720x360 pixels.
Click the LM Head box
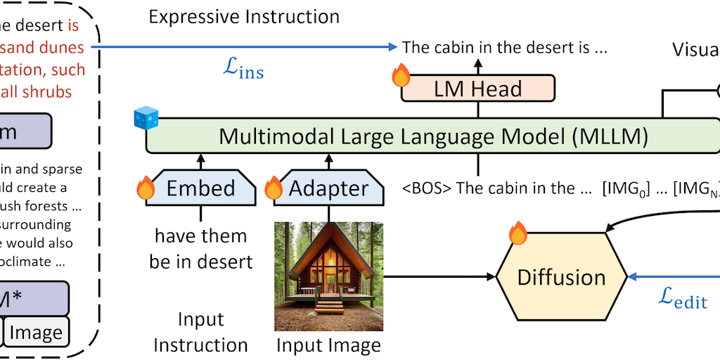[x=477, y=89]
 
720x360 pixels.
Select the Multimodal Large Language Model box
[x=433, y=136]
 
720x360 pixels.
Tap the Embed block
[x=200, y=188]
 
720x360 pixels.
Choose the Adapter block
[x=328, y=188]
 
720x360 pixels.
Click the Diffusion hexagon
[x=561, y=276]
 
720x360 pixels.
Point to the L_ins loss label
[x=242, y=70]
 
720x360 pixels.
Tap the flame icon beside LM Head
[x=401, y=75]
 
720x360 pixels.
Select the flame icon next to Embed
[x=146, y=188]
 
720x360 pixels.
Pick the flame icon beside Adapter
[x=274, y=188]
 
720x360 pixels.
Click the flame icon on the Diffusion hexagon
[x=517, y=233]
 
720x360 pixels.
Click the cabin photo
[x=328, y=276]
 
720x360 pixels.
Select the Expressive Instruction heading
[x=244, y=16]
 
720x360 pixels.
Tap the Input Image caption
[x=328, y=345]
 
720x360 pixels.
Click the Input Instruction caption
[x=200, y=332]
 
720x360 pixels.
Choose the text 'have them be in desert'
[x=200, y=248]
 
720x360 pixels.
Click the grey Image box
[x=36, y=332]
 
